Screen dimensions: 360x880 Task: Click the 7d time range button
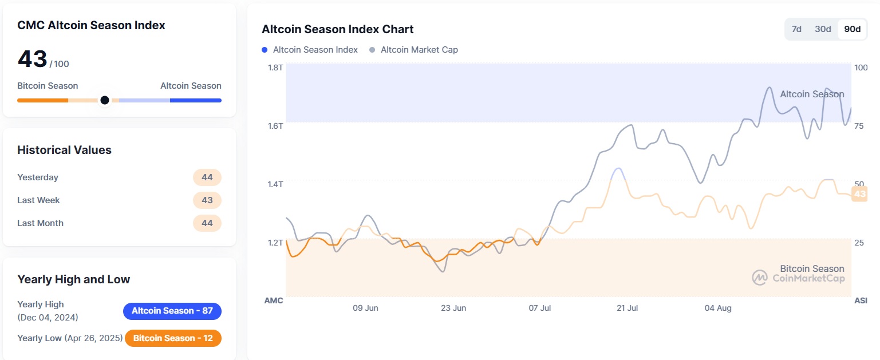(796, 29)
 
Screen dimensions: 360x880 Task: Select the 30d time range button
(823, 29)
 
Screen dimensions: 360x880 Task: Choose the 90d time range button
(852, 29)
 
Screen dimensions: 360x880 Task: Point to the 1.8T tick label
(275, 68)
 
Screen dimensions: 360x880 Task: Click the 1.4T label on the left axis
(275, 184)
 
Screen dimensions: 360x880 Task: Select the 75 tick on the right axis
(859, 126)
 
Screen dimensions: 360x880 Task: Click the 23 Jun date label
(453, 308)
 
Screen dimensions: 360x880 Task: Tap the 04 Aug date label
(718, 308)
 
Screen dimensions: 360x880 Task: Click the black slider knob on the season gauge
(105, 100)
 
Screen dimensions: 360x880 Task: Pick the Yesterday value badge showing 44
(207, 177)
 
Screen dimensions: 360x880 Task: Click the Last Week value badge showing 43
(207, 200)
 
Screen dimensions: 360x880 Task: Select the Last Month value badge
(207, 223)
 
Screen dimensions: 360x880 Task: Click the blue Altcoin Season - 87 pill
(172, 311)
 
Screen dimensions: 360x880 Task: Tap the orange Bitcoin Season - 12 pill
(173, 338)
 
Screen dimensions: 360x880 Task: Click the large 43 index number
(33, 59)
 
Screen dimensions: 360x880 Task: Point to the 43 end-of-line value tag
(859, 195)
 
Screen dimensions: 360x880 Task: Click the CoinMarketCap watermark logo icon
(759, 278)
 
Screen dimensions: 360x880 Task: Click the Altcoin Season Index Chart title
(337, 29)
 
